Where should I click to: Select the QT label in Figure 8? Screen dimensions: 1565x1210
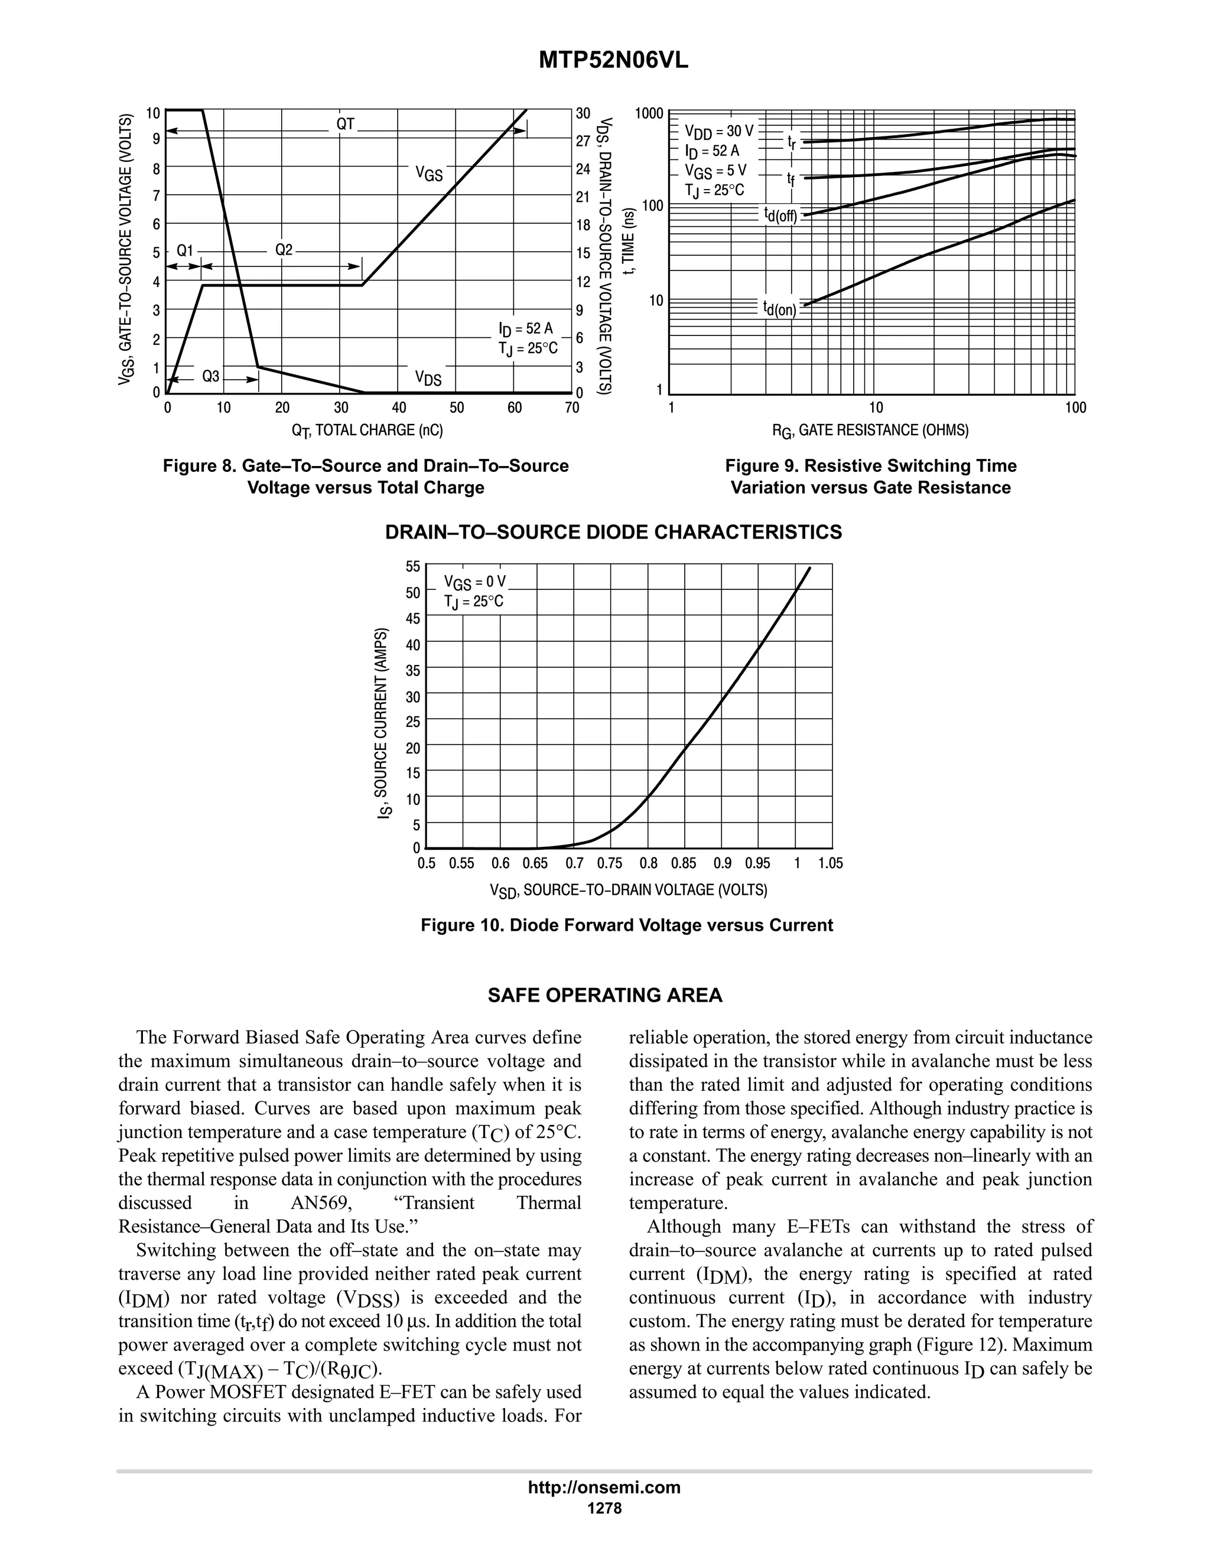pos(346,124)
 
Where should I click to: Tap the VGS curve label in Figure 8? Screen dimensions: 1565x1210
pos(430,174)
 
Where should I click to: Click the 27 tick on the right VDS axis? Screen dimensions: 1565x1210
pos(583,141)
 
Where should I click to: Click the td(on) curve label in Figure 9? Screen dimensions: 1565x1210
pos(779,309)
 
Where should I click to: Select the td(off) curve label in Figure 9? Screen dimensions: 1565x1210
pos(780,214)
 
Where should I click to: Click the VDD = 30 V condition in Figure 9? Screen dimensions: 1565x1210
pos(719,132)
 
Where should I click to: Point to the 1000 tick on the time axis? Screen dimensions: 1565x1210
pos(649,113)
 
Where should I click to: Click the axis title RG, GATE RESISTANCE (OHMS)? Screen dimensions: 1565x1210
pos(870,431)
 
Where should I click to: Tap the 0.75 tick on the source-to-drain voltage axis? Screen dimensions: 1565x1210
pos(609,863)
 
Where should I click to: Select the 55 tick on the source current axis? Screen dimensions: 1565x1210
pos(413,567)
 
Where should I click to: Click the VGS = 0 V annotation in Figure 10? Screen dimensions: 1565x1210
pos(474,581)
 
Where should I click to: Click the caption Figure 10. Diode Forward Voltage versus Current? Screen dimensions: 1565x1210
pos(626,925)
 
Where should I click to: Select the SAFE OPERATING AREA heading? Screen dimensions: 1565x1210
pos(604,995)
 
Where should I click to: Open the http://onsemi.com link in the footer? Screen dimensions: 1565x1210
pos(604,1487)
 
